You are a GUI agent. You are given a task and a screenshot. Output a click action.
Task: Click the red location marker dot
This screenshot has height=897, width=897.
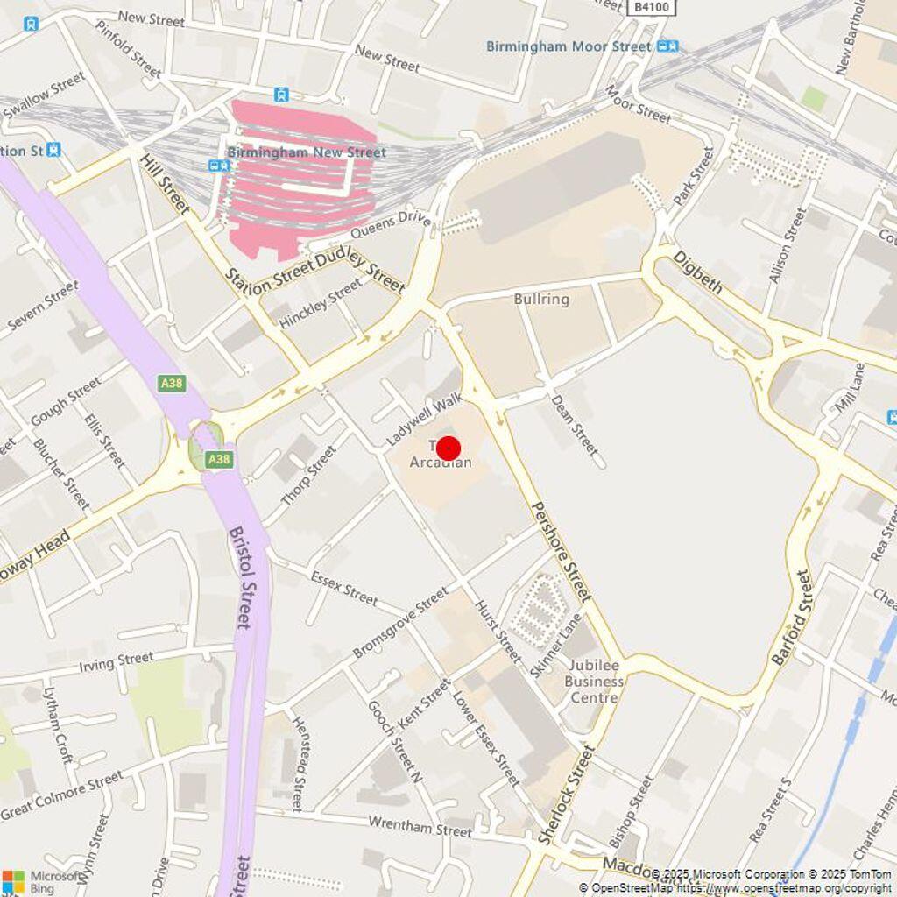click(448, 448)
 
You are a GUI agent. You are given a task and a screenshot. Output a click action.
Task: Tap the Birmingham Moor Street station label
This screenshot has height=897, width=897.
click(569, 46)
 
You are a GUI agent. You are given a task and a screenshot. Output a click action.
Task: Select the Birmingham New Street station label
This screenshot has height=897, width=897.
click(307, 152)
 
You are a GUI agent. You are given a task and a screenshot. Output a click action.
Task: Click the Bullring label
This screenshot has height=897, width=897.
click(541, 300)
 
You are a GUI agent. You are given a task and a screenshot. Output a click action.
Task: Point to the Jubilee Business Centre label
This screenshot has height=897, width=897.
click(594, 682)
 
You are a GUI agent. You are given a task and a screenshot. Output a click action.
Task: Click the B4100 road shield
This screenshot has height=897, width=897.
click(652, 7)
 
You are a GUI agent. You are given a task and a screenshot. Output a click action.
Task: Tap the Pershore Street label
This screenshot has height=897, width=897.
click(562, 551)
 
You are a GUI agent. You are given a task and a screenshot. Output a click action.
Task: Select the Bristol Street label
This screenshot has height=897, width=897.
click(240, 577)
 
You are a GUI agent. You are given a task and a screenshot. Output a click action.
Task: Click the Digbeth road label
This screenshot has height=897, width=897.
click(697, 272)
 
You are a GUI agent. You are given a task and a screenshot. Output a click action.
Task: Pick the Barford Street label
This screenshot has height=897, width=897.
click(793, 617)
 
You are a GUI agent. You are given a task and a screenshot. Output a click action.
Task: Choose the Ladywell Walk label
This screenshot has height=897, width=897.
click(424, 420)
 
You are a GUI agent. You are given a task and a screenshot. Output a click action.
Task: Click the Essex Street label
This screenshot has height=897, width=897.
click(344, 587)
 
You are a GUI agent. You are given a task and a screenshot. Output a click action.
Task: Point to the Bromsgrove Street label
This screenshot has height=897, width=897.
click(399, 624)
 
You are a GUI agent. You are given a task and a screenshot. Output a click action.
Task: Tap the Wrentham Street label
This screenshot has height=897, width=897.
click(420, 825)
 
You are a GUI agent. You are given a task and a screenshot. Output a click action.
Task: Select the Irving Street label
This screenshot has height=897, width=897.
click(117, 662)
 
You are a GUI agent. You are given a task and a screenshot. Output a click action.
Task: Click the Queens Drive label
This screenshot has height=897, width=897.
click(391, 224)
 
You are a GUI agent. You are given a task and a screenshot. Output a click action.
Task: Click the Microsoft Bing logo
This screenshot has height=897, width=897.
click(44, 881)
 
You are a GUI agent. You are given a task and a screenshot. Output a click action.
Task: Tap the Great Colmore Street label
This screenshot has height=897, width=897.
click(61, 795)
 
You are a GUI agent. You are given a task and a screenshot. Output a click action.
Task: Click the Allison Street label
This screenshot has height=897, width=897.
click(787, 244)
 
